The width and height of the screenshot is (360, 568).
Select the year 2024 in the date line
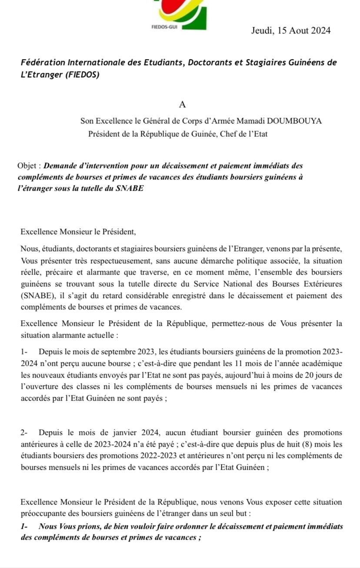[x=321, y=31]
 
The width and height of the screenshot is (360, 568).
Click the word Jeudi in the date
[x=261, y=31]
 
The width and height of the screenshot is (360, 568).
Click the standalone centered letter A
[x=182, y=104]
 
